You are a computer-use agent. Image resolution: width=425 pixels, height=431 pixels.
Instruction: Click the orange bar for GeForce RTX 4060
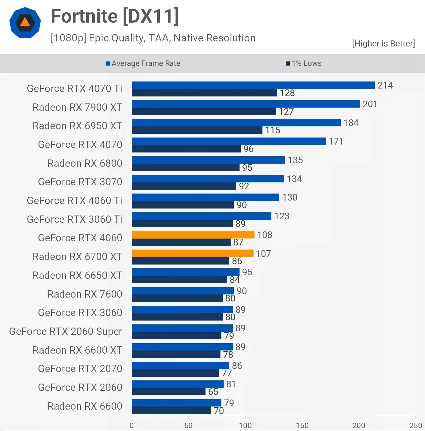193,235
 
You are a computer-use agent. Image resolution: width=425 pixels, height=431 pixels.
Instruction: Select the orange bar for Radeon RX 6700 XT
192,253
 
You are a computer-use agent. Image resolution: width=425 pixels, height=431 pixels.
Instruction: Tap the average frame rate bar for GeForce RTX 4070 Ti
253,85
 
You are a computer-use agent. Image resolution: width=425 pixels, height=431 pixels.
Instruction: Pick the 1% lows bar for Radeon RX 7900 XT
204,111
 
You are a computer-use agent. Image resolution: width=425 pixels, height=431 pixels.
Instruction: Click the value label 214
385,85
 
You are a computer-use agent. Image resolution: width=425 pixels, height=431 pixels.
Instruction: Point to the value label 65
213,392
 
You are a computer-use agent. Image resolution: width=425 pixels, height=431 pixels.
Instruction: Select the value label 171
336,141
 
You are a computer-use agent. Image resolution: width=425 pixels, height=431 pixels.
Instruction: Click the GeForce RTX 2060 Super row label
66,331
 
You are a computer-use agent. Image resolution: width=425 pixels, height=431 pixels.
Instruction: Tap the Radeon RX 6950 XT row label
77,126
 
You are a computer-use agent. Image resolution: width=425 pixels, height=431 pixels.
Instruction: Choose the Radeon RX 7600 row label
85,294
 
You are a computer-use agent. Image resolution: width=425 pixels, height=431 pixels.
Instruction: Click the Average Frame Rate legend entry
143,63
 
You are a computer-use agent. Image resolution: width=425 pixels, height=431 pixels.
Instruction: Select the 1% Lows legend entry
304,63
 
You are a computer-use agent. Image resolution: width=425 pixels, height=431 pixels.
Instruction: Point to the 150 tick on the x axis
302,425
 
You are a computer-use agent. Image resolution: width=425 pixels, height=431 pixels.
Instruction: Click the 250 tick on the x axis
415,425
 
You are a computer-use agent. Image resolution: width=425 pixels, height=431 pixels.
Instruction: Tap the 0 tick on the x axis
132,425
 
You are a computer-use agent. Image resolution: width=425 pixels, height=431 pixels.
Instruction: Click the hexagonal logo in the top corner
25,23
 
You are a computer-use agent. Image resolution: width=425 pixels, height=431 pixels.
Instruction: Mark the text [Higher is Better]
383,44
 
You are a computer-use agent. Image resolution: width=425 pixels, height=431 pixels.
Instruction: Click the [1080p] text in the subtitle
68,38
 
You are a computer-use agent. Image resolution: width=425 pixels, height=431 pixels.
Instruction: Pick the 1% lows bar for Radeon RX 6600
171,411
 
